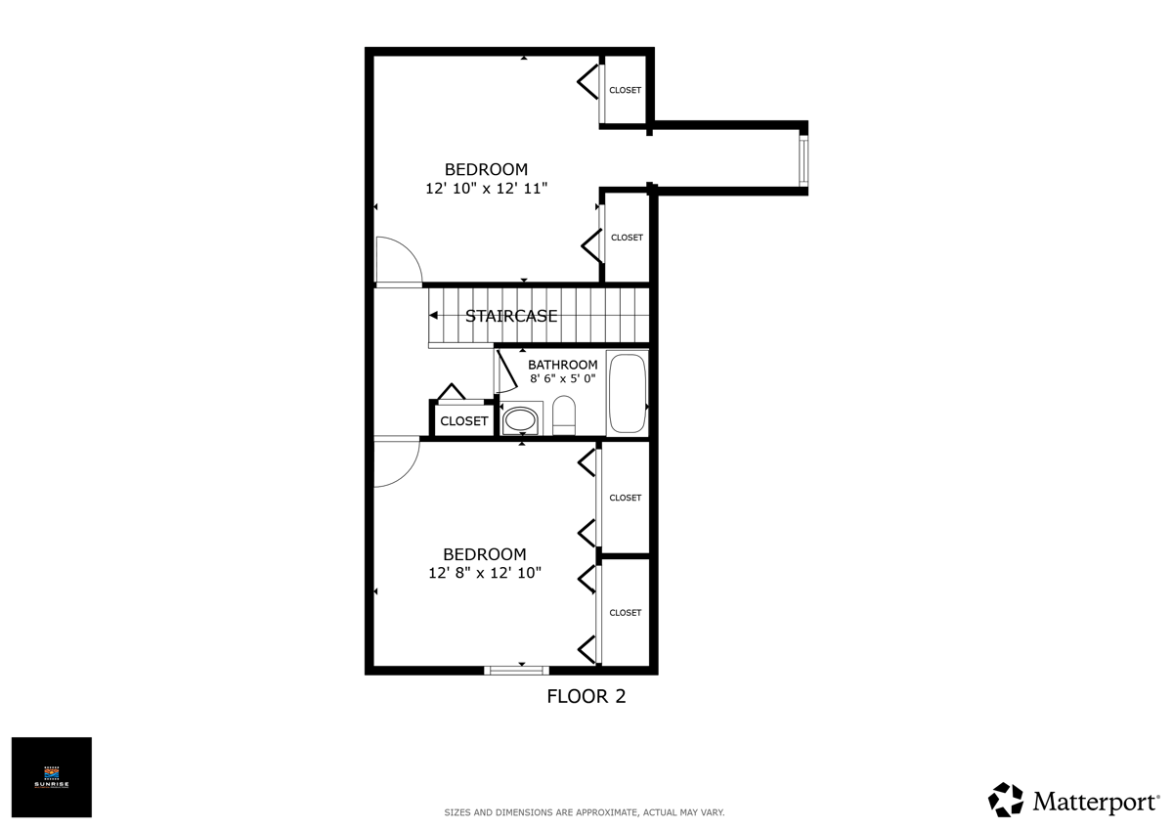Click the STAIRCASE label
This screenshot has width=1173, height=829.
click(511, 316)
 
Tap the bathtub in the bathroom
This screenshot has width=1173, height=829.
click(628, 393)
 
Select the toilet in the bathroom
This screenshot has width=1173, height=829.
click(564, 414)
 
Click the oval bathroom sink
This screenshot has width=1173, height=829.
click(521, 420)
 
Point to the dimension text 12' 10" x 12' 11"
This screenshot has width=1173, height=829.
click(486, 188)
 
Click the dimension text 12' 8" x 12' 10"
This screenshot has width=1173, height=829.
click(485, 573)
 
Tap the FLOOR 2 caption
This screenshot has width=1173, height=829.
click(586, 697)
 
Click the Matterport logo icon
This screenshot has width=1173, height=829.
click(1006, 799)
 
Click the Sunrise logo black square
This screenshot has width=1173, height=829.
click(51, 777)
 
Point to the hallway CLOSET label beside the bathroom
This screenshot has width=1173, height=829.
click(463, 421)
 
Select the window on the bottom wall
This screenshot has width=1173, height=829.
click(516, 670)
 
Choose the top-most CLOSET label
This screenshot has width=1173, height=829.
click(626, 90)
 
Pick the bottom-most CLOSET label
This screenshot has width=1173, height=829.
click(626, 613)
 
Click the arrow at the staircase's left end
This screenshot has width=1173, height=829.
click(433, 315)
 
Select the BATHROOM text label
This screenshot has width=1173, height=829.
click(562, 365)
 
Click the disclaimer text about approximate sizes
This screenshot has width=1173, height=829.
click(585, 812)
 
